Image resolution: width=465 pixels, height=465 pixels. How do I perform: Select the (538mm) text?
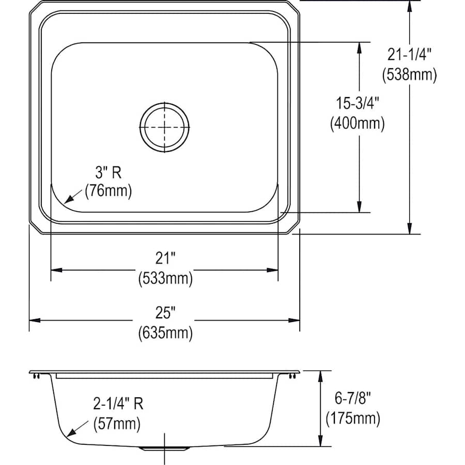coord(410,74)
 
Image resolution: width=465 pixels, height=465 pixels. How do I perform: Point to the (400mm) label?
coord(357,124)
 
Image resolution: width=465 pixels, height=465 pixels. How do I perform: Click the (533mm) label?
coord(165,280)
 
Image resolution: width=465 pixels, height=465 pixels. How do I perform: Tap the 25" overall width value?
coord(165,312)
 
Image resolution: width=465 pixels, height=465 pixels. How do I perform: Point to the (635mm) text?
coord(165,333)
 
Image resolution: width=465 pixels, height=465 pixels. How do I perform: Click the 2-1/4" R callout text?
coord(118,404)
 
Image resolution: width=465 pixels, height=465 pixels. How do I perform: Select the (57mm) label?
coord(117,425)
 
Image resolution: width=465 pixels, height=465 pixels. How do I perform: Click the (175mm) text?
coord(352,418)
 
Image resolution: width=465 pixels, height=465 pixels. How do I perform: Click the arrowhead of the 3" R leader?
coord(68,200)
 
